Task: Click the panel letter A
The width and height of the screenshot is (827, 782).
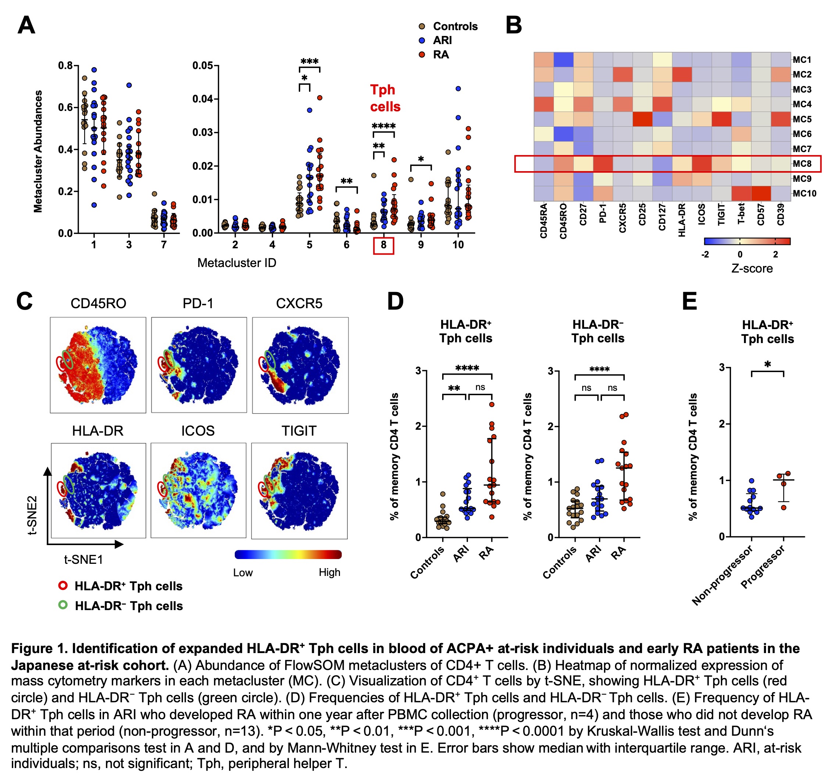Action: pyautogui.click(x=26, y=25)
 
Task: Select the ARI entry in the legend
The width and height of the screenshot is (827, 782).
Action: pyautogui.click(x=442, y=40)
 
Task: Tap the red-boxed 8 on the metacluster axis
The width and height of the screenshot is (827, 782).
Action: pyautogui.click(x=383, y=245)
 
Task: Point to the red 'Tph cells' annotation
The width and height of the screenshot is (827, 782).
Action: pyautogui.click(x=384, y=98)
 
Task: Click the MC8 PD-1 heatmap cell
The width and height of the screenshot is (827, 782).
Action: pyautogui.click(x=603, y=163)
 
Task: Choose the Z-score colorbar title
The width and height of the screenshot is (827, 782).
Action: pyautogui.click(x=752, y=269)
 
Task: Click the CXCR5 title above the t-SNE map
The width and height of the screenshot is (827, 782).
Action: pyautogui.click(x=299, y=303)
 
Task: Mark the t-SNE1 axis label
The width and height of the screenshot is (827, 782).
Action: pyautogui.click(x=83, y=559)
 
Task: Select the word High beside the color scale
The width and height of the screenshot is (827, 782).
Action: pyautogui.click(x=329, y=572)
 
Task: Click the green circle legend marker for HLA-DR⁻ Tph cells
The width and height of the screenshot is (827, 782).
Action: pyautogui.click(x=63, y=605)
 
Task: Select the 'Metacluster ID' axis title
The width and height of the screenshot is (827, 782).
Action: pyautogui.click(x=236, y=263)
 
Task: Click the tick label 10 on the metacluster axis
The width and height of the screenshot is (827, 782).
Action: pyautogui.click(x=458, y=245)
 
